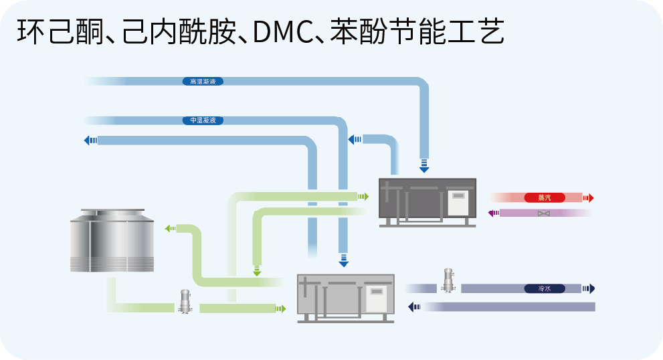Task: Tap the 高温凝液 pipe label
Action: [x=202, y=82]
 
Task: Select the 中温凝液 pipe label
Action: [x=202, y=120]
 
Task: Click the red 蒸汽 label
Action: [x=544, y=198]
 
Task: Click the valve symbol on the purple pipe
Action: [x=544, y=213]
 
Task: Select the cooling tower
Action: [x=112, y=240]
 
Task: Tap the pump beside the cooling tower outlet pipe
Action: [x=185, y=302]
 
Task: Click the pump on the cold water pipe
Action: [x=448, y=280]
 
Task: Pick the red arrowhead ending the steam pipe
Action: [x=588, y=198]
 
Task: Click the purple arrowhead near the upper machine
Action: [x=492, y=213]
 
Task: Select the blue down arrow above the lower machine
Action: [x=343, y=260]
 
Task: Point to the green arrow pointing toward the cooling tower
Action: [x=170, y=229]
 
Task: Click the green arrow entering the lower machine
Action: [x=280, y=308]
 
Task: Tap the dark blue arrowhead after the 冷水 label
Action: [x=589, y=288]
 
